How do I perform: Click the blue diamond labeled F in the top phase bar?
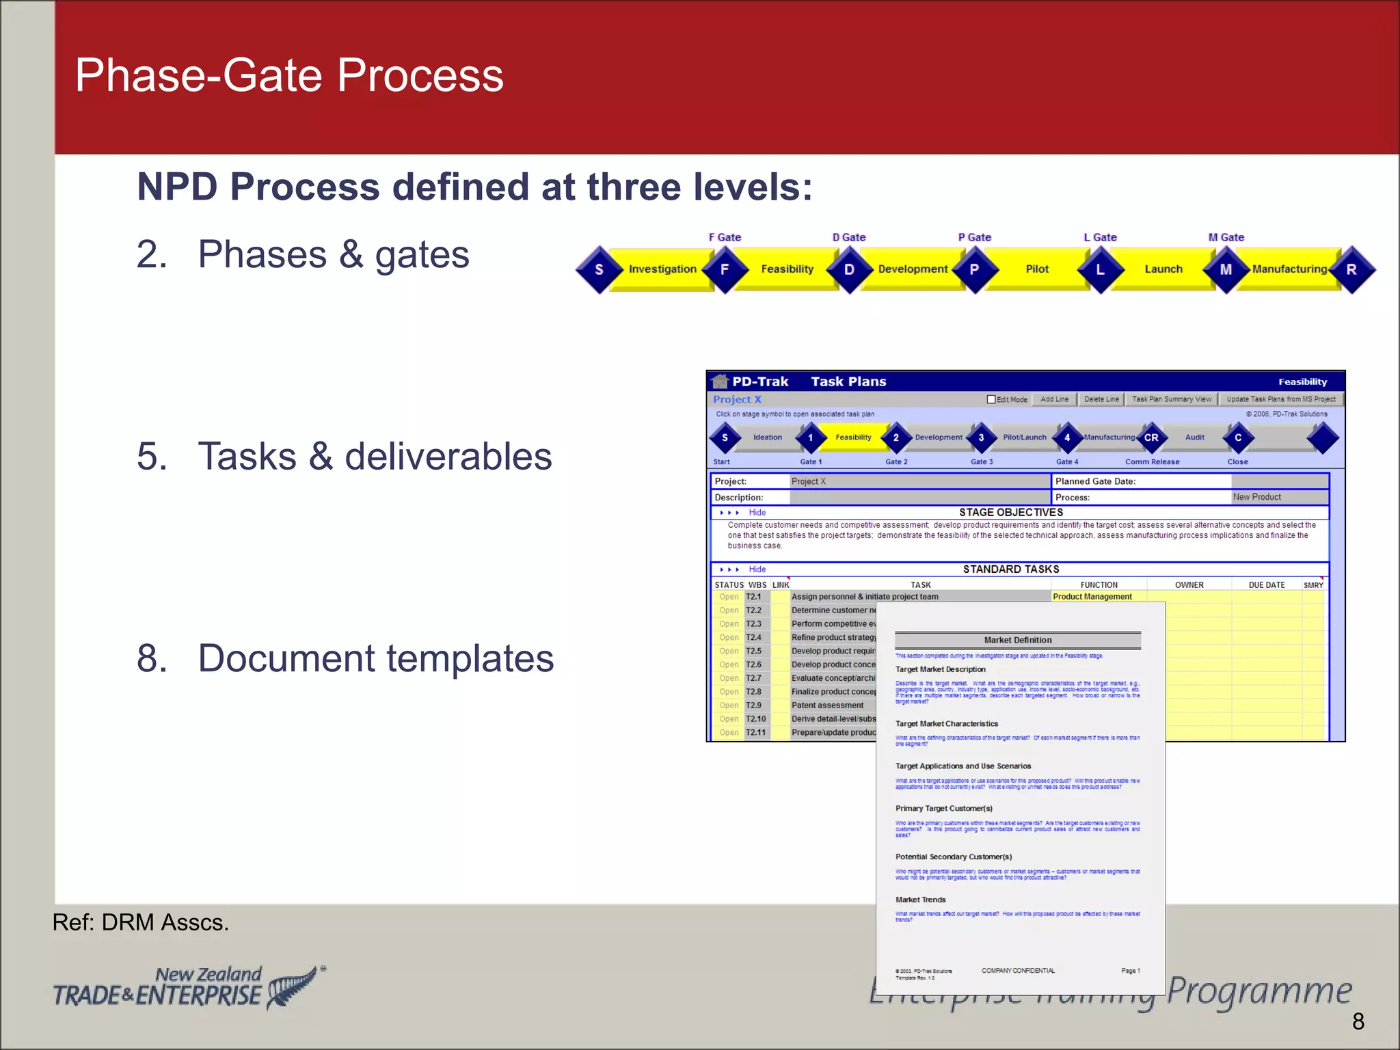[x=725, y=269]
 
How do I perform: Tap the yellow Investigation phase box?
[x=662, y=269]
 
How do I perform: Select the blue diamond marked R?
[x=1351, y=269]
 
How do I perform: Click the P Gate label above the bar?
[x=974, y=237]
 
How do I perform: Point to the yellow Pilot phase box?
[x=1037, y=269]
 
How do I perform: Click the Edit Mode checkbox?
[x=991, y=399]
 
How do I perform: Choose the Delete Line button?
[x=1101, y=399]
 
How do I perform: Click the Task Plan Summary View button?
[x=1171, y=399]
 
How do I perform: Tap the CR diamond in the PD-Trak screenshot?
[x=1151, y=437]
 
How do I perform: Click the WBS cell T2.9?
[x=754, y=705]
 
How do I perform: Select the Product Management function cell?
[x=1092, y=597]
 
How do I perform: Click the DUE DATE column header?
[x=1266, y=585]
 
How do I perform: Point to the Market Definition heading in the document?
[x=1018, y=641]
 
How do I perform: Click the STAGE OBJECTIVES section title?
[x=1011, y=513]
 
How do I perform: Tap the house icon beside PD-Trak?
[x=719, y=381]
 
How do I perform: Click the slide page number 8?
[x=1358, y=1021]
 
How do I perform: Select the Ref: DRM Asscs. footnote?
[x=141, y=923]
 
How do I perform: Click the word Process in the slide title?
[x=420, y=75]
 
